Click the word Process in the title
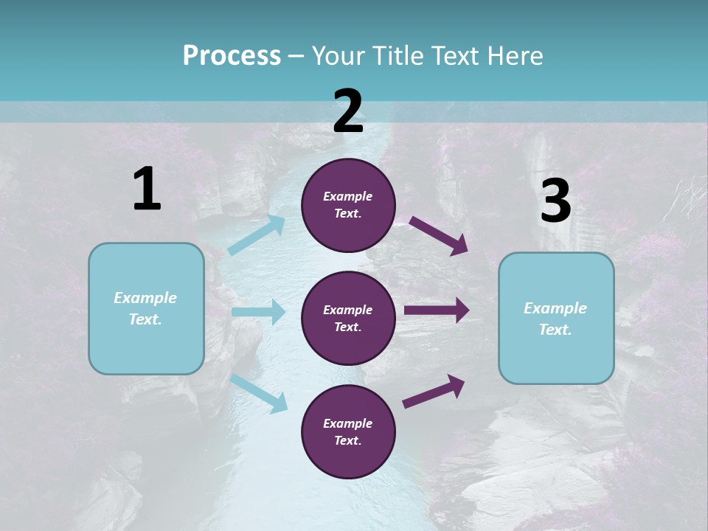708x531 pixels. pyautogui.click(x=232, y=56)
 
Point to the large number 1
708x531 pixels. pyautogui.click(x=147, y=190)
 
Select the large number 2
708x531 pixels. pyautogui.click(x=348, y=111)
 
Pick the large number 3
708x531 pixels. pyautogui.click(x=555, y=201)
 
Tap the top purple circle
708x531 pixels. pyautogui.click(x=348, y=205)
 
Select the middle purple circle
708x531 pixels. pyautogui.click(x=348, y=318)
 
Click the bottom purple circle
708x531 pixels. pyautogui.click(x=348, y=431)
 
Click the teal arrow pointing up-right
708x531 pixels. pyautogui.click(x=257, y=235)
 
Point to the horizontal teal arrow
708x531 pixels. pyautogui.click(x=258, y=312)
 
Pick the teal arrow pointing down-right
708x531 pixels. pyautogui.click(x=259, y=393)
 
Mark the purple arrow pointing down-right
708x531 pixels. pyautogui.click(x=439, y=235)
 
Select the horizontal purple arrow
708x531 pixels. pyautogui.click(x=437, y=310)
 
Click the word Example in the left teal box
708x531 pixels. pyautogui.click(x=145, y=298)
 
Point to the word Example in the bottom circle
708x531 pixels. pyautogui.click(x=348, y=423)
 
